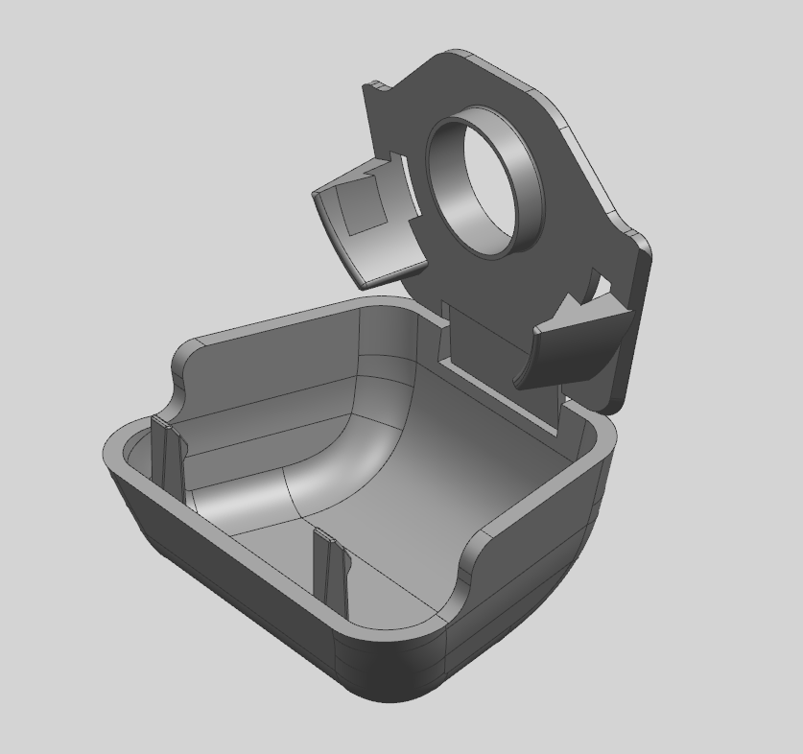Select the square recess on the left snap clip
pos(363,209)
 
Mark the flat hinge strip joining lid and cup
pos(499,355)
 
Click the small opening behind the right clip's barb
pos(600,288)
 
